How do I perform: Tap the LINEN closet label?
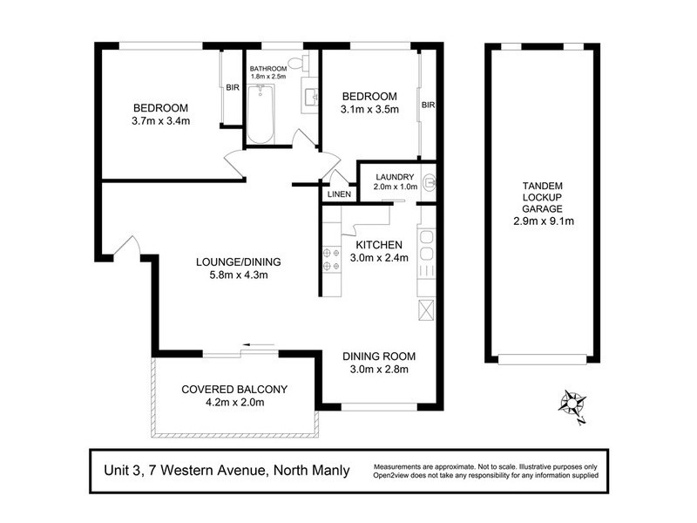(339, 194)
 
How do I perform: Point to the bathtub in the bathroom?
(260, 113)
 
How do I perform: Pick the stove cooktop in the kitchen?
(330, 259)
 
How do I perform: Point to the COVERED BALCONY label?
(233, 389)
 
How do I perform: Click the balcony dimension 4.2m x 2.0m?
(233, 402)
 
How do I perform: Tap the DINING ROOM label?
(378, 356)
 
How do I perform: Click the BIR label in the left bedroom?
(233, 87)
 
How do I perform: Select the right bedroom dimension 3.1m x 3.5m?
(369, 109)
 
